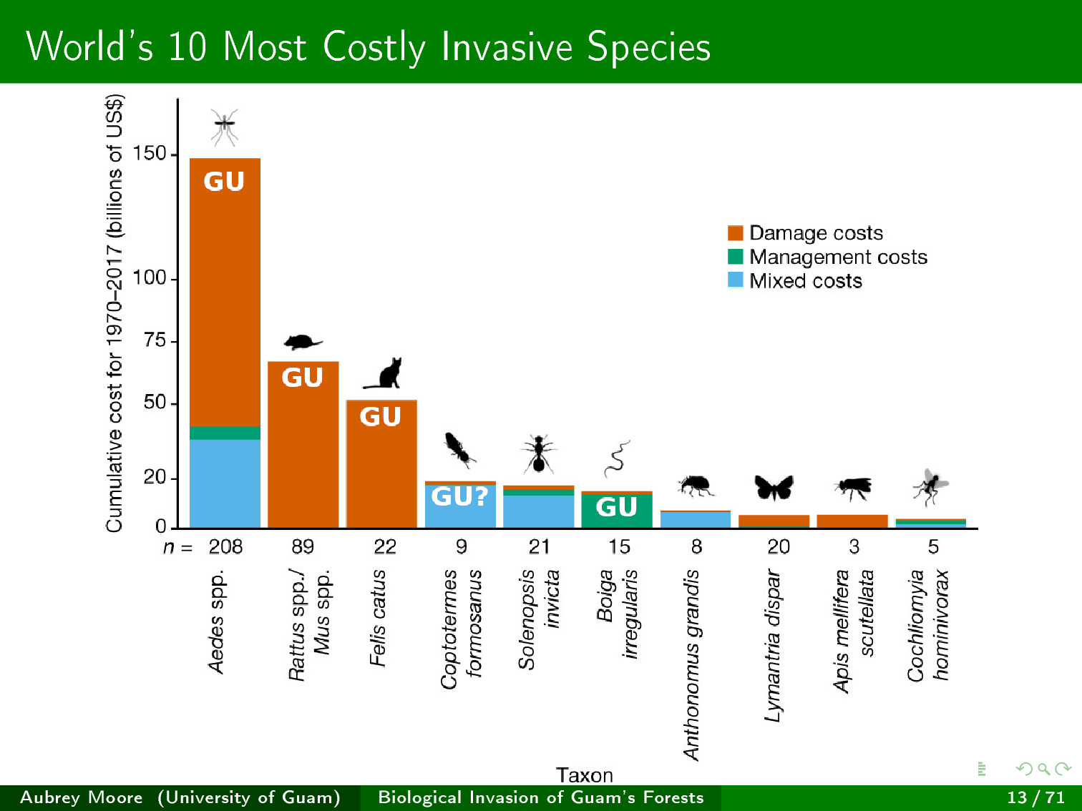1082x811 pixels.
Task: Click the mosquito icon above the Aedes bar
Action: pyautogui.click(x=225, y=127)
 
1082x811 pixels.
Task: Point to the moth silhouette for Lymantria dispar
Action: pyautogui.click(x=774, y=488)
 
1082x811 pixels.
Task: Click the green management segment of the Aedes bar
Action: pyautogui.click(x=225, y=433)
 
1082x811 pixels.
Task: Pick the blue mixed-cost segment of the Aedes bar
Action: pyautogui.click(x=225, y=483)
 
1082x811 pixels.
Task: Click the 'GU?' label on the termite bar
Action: pyautogui.click(x=459, y=496)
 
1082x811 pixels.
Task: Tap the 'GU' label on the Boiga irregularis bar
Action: pyautogui.click(x=616, y=507)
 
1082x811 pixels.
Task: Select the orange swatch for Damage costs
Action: pyautogui.click(x=735, y=233)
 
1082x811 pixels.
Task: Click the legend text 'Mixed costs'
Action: pyautogui.click(x=805, y=281)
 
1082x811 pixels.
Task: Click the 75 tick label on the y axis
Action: pyautogui.click(x=155, y=340)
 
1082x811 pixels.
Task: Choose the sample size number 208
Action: pyautogui.click(x=225, y=547)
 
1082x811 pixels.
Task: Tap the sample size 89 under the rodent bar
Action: pyautogui.click(x=303, y=547)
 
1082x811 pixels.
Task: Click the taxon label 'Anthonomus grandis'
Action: pyautogui.click(x=691, y=665)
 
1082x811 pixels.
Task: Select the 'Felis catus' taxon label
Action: pyautogui.click(x=378, y=618)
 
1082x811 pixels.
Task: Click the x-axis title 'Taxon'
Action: pyautogui.click(x=584, y=775)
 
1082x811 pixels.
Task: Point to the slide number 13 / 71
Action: pyautogui.click(x=1035, y=797)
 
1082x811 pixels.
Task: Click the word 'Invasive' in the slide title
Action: pyautogui.click(x=507, y=47)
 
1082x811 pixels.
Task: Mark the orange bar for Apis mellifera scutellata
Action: pyautogui.click(x=852, y=521)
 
